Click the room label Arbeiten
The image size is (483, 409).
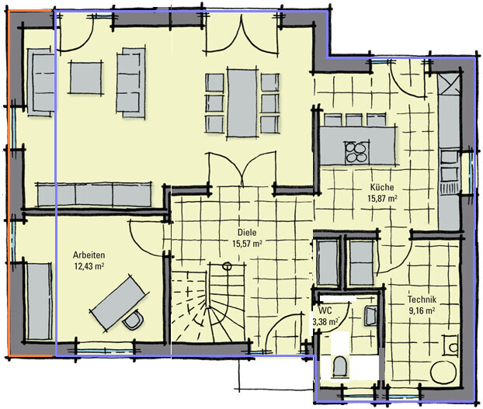click(x=89, y=255)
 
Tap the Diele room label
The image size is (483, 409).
click(x=247, y=232)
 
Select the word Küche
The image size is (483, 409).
click(x=382, y=187)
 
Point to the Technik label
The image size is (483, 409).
click(x=422, y=299)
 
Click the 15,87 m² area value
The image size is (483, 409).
click(x=382, y=198)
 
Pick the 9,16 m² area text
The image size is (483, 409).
click(x=422, y=310)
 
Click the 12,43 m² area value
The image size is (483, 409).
click(x=89, y=266)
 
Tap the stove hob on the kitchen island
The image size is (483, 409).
click(x=357, y=152)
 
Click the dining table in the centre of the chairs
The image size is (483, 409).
click(x=242, y=102)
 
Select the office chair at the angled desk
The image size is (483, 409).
click(x=133, y=320)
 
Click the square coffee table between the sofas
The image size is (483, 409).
click(x=85, y=78)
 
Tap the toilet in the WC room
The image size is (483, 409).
click(x=340, y=367)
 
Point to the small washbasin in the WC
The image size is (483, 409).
click(x=370, y=316)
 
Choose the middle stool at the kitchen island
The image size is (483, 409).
click(x=353, y=120)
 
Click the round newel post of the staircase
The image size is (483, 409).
click(x=227, y=266)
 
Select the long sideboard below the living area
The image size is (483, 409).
click(x=94, y=195)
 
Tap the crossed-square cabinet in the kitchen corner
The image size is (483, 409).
click(x=449, y=84)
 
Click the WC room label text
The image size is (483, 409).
click(x=325, y=310)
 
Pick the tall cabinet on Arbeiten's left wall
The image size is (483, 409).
click(x=39, y=301)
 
